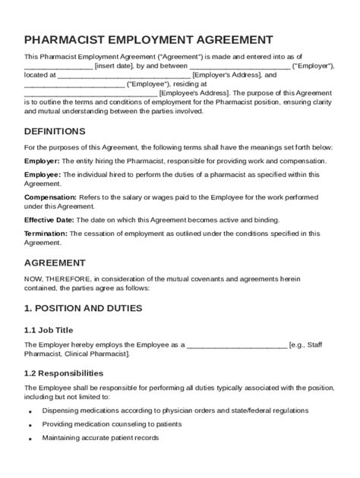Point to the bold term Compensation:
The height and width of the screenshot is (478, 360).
tap(51, 197)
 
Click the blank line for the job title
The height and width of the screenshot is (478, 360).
tap(236, 344)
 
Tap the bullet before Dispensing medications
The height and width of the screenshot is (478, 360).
tap(29, 411)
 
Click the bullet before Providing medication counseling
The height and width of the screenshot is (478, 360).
tap(29, 425)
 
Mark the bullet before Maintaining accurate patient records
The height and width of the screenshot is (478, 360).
tap(29, 439)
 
